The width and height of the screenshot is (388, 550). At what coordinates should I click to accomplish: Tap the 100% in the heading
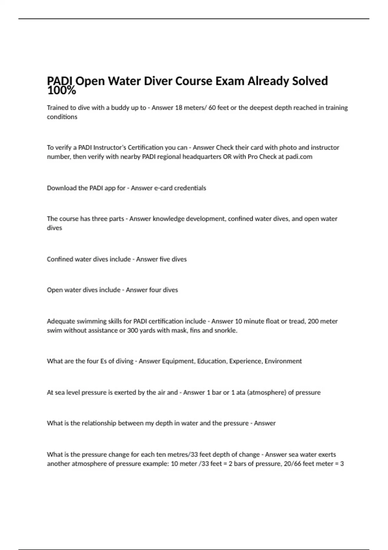click(x=61, y=91)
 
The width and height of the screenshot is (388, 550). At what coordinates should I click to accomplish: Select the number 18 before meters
click(x=179, y=108)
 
